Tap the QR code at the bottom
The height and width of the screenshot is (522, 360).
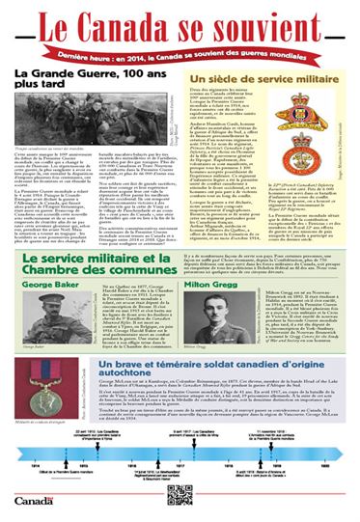(x=180, y=499)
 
